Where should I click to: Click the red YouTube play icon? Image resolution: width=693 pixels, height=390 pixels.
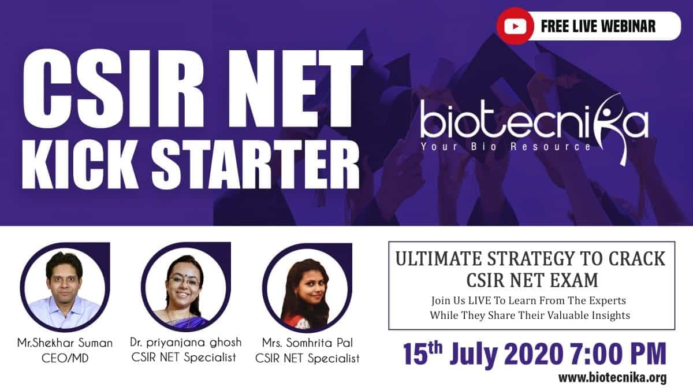(x=515, y=27)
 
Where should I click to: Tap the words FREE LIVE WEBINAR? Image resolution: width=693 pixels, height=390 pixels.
(x=598, y=27)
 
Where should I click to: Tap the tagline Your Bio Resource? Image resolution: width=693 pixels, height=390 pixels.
(x=505, y=146)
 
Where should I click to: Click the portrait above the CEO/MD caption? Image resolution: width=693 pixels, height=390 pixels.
(x=65, y=287)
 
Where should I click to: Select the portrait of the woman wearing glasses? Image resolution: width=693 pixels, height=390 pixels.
(x=186, y=287)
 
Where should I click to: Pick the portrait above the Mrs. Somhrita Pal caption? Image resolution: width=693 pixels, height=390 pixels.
(x=307, y=288)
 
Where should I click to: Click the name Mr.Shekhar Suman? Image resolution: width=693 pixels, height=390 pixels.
(x=65, y=343)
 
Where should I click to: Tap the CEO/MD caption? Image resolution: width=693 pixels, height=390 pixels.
(x=65, y=358)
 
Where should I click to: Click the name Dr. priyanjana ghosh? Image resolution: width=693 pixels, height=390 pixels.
(x=186, y=342)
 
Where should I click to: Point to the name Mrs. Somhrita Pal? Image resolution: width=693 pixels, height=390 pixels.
(x=307, y=343)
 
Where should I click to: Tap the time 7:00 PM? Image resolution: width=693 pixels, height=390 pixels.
(x=619, y=353)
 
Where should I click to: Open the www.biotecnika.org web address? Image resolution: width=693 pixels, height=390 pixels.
(x=613, y=378)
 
